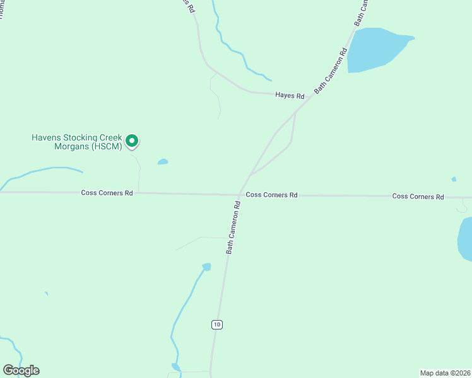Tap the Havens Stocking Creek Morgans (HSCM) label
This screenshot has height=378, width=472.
(76, 142)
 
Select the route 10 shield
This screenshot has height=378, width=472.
(217, 324)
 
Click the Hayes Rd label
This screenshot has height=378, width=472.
(290, 96)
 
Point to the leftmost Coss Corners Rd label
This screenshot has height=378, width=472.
(107, 193)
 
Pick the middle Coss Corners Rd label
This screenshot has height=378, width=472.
(271, 195)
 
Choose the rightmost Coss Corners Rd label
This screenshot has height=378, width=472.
(418, 197)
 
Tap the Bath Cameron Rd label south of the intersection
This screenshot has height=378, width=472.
(233, 227)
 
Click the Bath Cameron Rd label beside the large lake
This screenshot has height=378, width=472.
(331, 71)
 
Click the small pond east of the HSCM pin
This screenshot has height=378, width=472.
(163, 162)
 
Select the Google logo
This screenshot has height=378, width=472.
(21, 370)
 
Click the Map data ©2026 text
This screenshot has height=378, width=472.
(445, 373)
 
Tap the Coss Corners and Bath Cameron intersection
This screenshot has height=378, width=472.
(239, 195)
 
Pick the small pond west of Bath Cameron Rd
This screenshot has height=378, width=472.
(206, 267)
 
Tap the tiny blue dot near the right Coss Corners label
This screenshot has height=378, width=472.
(454, 180)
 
